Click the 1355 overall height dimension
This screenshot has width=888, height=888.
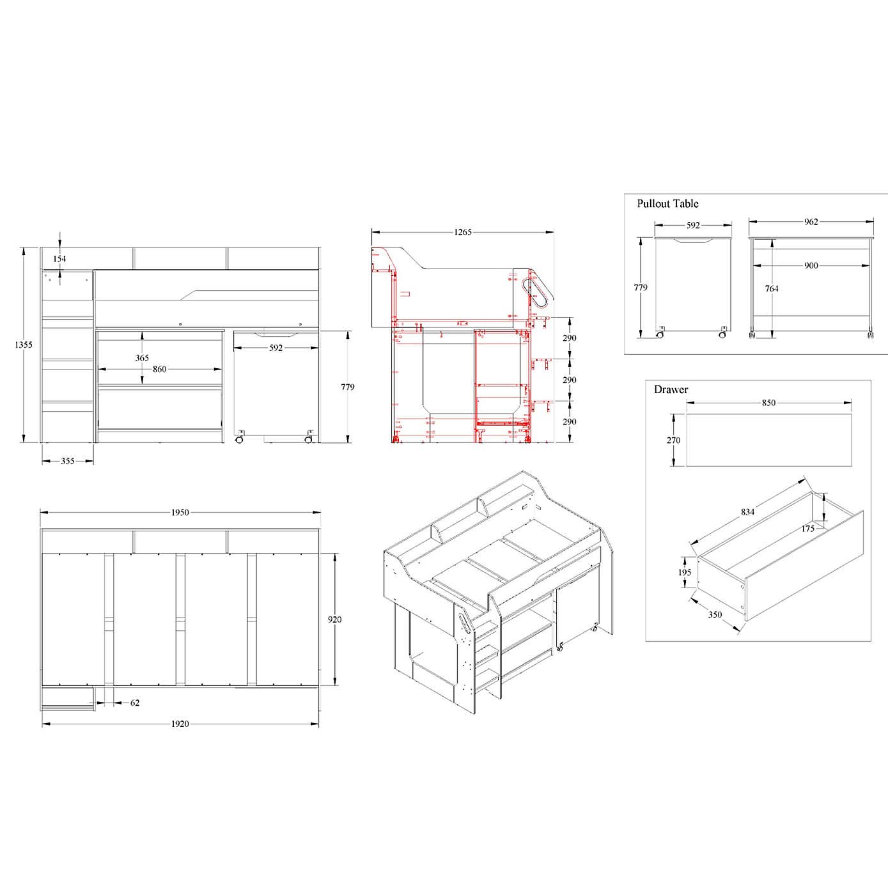click(24, 345)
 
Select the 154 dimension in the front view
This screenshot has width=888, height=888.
click(59, 259)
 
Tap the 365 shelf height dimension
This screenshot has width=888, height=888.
click(142, 358)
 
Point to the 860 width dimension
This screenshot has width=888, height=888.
click(159, 370)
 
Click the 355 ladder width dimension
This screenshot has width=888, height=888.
click(68, 461)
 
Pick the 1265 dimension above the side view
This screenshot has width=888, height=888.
click(463, 232)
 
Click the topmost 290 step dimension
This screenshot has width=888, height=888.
click(569, 338)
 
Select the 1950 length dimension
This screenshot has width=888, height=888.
click(180, 512)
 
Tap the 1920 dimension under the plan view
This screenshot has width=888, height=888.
click(180, 724)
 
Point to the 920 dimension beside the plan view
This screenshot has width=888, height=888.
click(334, 619)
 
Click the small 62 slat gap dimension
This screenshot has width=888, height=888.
click(135, 703)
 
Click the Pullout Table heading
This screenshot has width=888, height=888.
click(667, 204)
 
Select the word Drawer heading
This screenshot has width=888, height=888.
click(671, 389)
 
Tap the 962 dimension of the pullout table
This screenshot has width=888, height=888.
click(811, 222)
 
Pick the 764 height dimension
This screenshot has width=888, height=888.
click(772, 288)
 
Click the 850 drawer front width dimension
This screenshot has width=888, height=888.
click(768, 403)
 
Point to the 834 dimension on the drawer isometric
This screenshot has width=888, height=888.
click(747, 511)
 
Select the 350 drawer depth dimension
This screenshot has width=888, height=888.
click(715, 614)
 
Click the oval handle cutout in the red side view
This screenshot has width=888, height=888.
click(538, 292)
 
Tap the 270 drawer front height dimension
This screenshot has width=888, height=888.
click(673, 440)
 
